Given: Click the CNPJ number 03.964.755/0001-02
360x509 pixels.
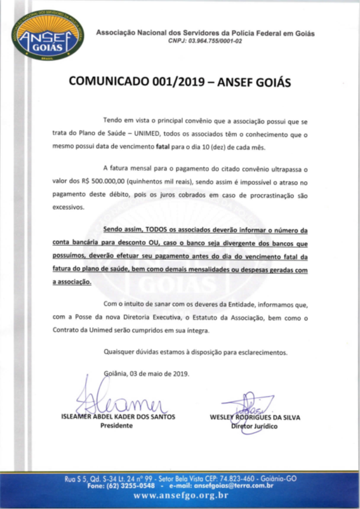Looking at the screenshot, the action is pos(206,41).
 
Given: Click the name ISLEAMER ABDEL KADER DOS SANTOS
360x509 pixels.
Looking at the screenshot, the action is pos(117,417).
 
